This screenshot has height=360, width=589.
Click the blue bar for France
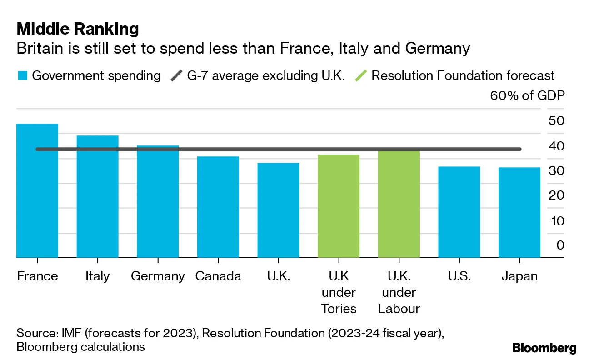(37, 191)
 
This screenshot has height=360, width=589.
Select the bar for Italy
(97, 196)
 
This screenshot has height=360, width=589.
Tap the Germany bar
(158, 202)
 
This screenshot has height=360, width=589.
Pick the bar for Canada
(218, 207)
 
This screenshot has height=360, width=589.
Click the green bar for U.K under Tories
(339, 206)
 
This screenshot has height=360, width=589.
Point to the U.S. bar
(459, 212)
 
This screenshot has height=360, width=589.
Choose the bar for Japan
(519, 213)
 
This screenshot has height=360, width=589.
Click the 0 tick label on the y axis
(560, 245)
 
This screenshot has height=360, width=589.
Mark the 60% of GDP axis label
(527, 96)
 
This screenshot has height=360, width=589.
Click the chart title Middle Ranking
(78, 29)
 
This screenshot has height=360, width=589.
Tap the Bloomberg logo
(544, 349)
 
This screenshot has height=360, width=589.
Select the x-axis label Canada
(218, 276)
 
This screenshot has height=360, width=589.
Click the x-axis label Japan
(519, 276)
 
